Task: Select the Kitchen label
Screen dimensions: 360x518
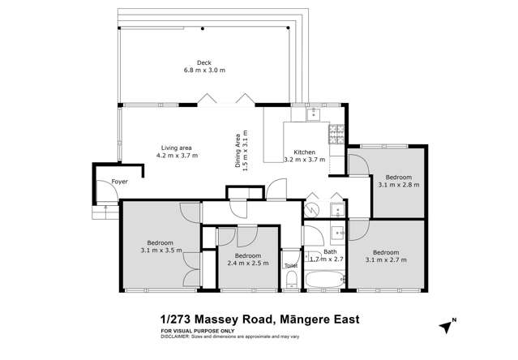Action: click(x=304, y=152)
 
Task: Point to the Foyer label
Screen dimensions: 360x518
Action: click(x=120, y=182)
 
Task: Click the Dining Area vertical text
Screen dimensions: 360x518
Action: click(x=239, y=149)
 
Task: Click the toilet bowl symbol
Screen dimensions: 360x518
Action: click(x=290, y=281)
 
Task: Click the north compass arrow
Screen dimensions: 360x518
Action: click(x=445, y=325)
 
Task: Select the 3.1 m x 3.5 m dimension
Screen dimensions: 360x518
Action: click(x=161, y=251)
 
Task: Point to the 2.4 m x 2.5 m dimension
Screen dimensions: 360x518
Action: click(x=248, y=263)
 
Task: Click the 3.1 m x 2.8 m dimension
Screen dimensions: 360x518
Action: click(x=398, y=185)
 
